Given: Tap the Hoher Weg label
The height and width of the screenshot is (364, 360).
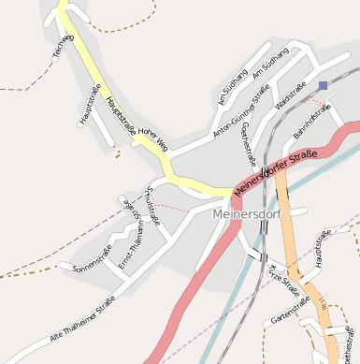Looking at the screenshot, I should click(152, 139).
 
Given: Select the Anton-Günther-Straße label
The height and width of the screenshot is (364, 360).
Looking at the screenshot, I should click(240, 110).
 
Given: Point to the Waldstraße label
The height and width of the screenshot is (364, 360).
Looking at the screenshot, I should click(291, 96).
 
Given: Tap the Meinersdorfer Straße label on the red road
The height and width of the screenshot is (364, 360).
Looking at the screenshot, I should click(276, 168).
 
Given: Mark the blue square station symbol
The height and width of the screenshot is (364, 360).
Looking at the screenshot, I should click(323, 86).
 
